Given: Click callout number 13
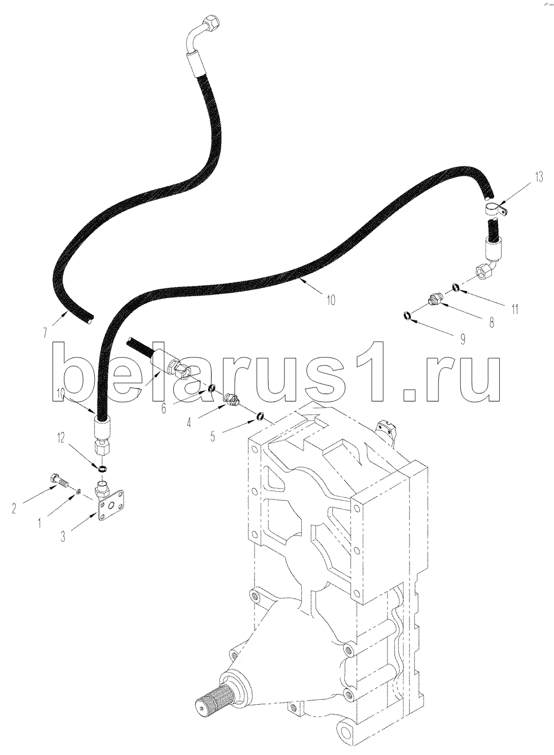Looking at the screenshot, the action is click(x=539, y=176).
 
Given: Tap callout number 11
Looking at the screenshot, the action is click(x=515, y=309).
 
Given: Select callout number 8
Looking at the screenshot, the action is click(x=491, y=322).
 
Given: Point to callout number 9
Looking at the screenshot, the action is click(x=463, y=338).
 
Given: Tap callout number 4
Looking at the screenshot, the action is click(x=189, y=422).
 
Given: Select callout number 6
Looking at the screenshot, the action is click(x=164, y=408).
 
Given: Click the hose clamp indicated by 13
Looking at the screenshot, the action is click(x=496, y=210).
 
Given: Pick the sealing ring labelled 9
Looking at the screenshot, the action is click(x=407, y=316).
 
